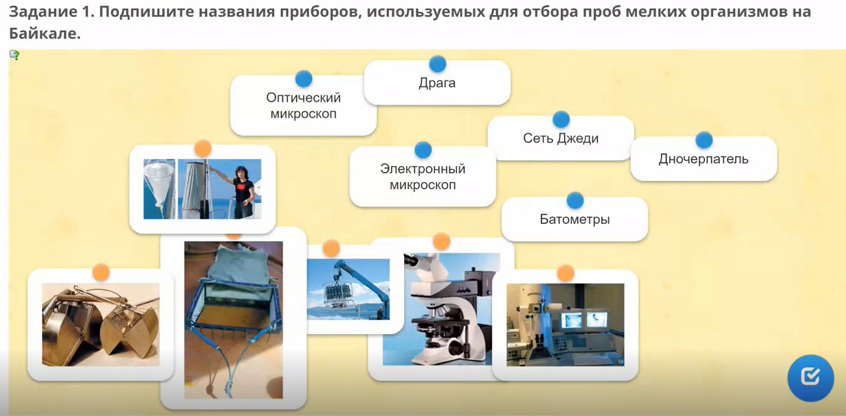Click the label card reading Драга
click(437, 83)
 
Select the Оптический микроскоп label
click(303, 105)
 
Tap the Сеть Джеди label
click(561, 138)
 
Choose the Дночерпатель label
click(704, 159)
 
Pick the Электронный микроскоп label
click(422, 176)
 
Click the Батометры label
click(575, 219)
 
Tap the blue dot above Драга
click(437, 64)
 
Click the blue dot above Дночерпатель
click(704, 140)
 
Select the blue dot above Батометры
click(575, 200)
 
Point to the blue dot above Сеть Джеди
click(561, 120)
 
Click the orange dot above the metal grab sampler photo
click(101, 272)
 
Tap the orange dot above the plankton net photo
click(203, 149)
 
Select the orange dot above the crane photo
click(331, 249)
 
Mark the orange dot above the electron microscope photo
click(565, 273)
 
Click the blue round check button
click(811, 378)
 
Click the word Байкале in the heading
click(45, 33)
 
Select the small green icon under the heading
click(14, 55)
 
